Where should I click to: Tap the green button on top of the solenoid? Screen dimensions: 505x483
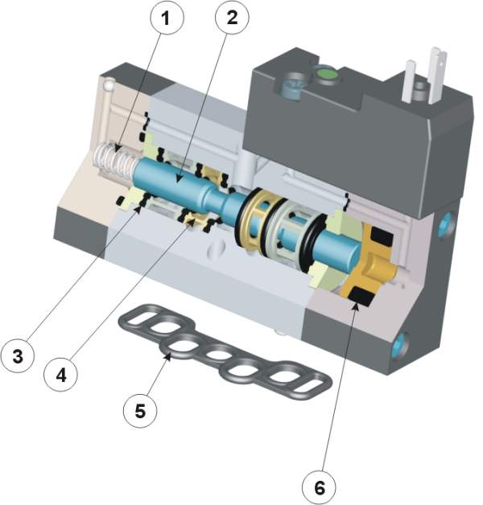(326, 75)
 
